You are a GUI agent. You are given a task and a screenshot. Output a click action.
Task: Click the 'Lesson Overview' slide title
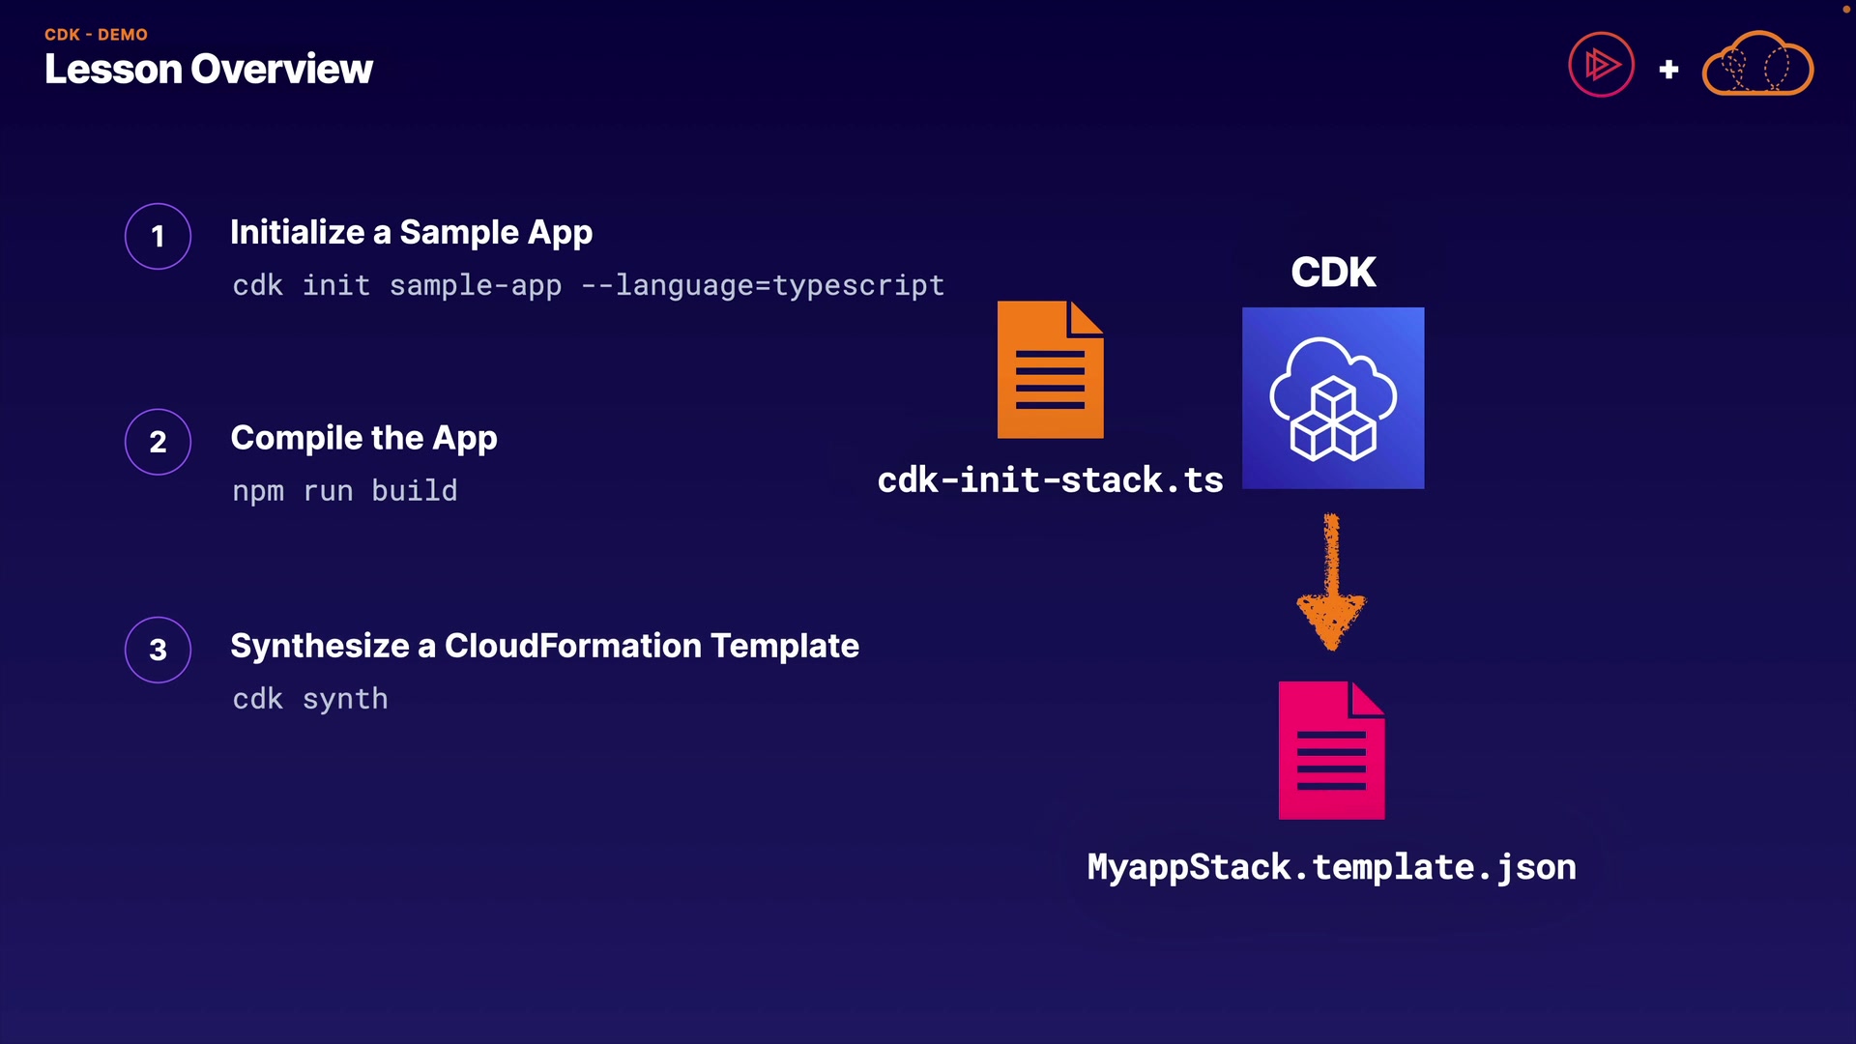point(208,70)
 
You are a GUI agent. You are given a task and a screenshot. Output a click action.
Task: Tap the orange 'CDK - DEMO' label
point(96,35)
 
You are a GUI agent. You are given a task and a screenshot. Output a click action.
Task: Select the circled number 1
point(158,236)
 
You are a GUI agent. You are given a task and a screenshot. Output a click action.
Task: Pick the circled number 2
point(158,442)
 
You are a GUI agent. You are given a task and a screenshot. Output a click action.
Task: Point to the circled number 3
point(158,650)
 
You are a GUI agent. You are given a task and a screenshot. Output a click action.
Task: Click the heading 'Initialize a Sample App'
point(411,233)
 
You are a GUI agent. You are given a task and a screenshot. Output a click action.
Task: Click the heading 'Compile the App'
point(363,439)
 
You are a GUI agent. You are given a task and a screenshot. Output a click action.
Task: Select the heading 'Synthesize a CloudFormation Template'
point(544,646)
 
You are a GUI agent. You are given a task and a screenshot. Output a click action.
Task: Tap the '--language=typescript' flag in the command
point(763,286)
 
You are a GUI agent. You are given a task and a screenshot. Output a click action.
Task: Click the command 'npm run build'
point(344,491)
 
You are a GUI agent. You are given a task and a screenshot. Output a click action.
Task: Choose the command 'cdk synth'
point(309,699)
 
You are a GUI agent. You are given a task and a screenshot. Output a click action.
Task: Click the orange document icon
point(1050,370)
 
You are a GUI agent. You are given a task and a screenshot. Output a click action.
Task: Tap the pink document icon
point(1331,751)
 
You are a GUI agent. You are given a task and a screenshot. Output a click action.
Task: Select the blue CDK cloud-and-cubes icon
point(1332,398)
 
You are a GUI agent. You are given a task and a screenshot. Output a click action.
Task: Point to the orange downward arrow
point(1331,582)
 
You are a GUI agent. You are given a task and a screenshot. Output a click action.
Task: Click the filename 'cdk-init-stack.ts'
point(1050,480)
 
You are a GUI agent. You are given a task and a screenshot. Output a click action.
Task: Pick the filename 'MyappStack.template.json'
point(1331,867)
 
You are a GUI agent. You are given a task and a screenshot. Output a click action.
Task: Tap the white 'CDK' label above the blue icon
point(1333,273)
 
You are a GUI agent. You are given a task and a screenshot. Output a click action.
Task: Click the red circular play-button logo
point(1601,65)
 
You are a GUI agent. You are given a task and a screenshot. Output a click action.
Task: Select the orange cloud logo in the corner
point(1757,65)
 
